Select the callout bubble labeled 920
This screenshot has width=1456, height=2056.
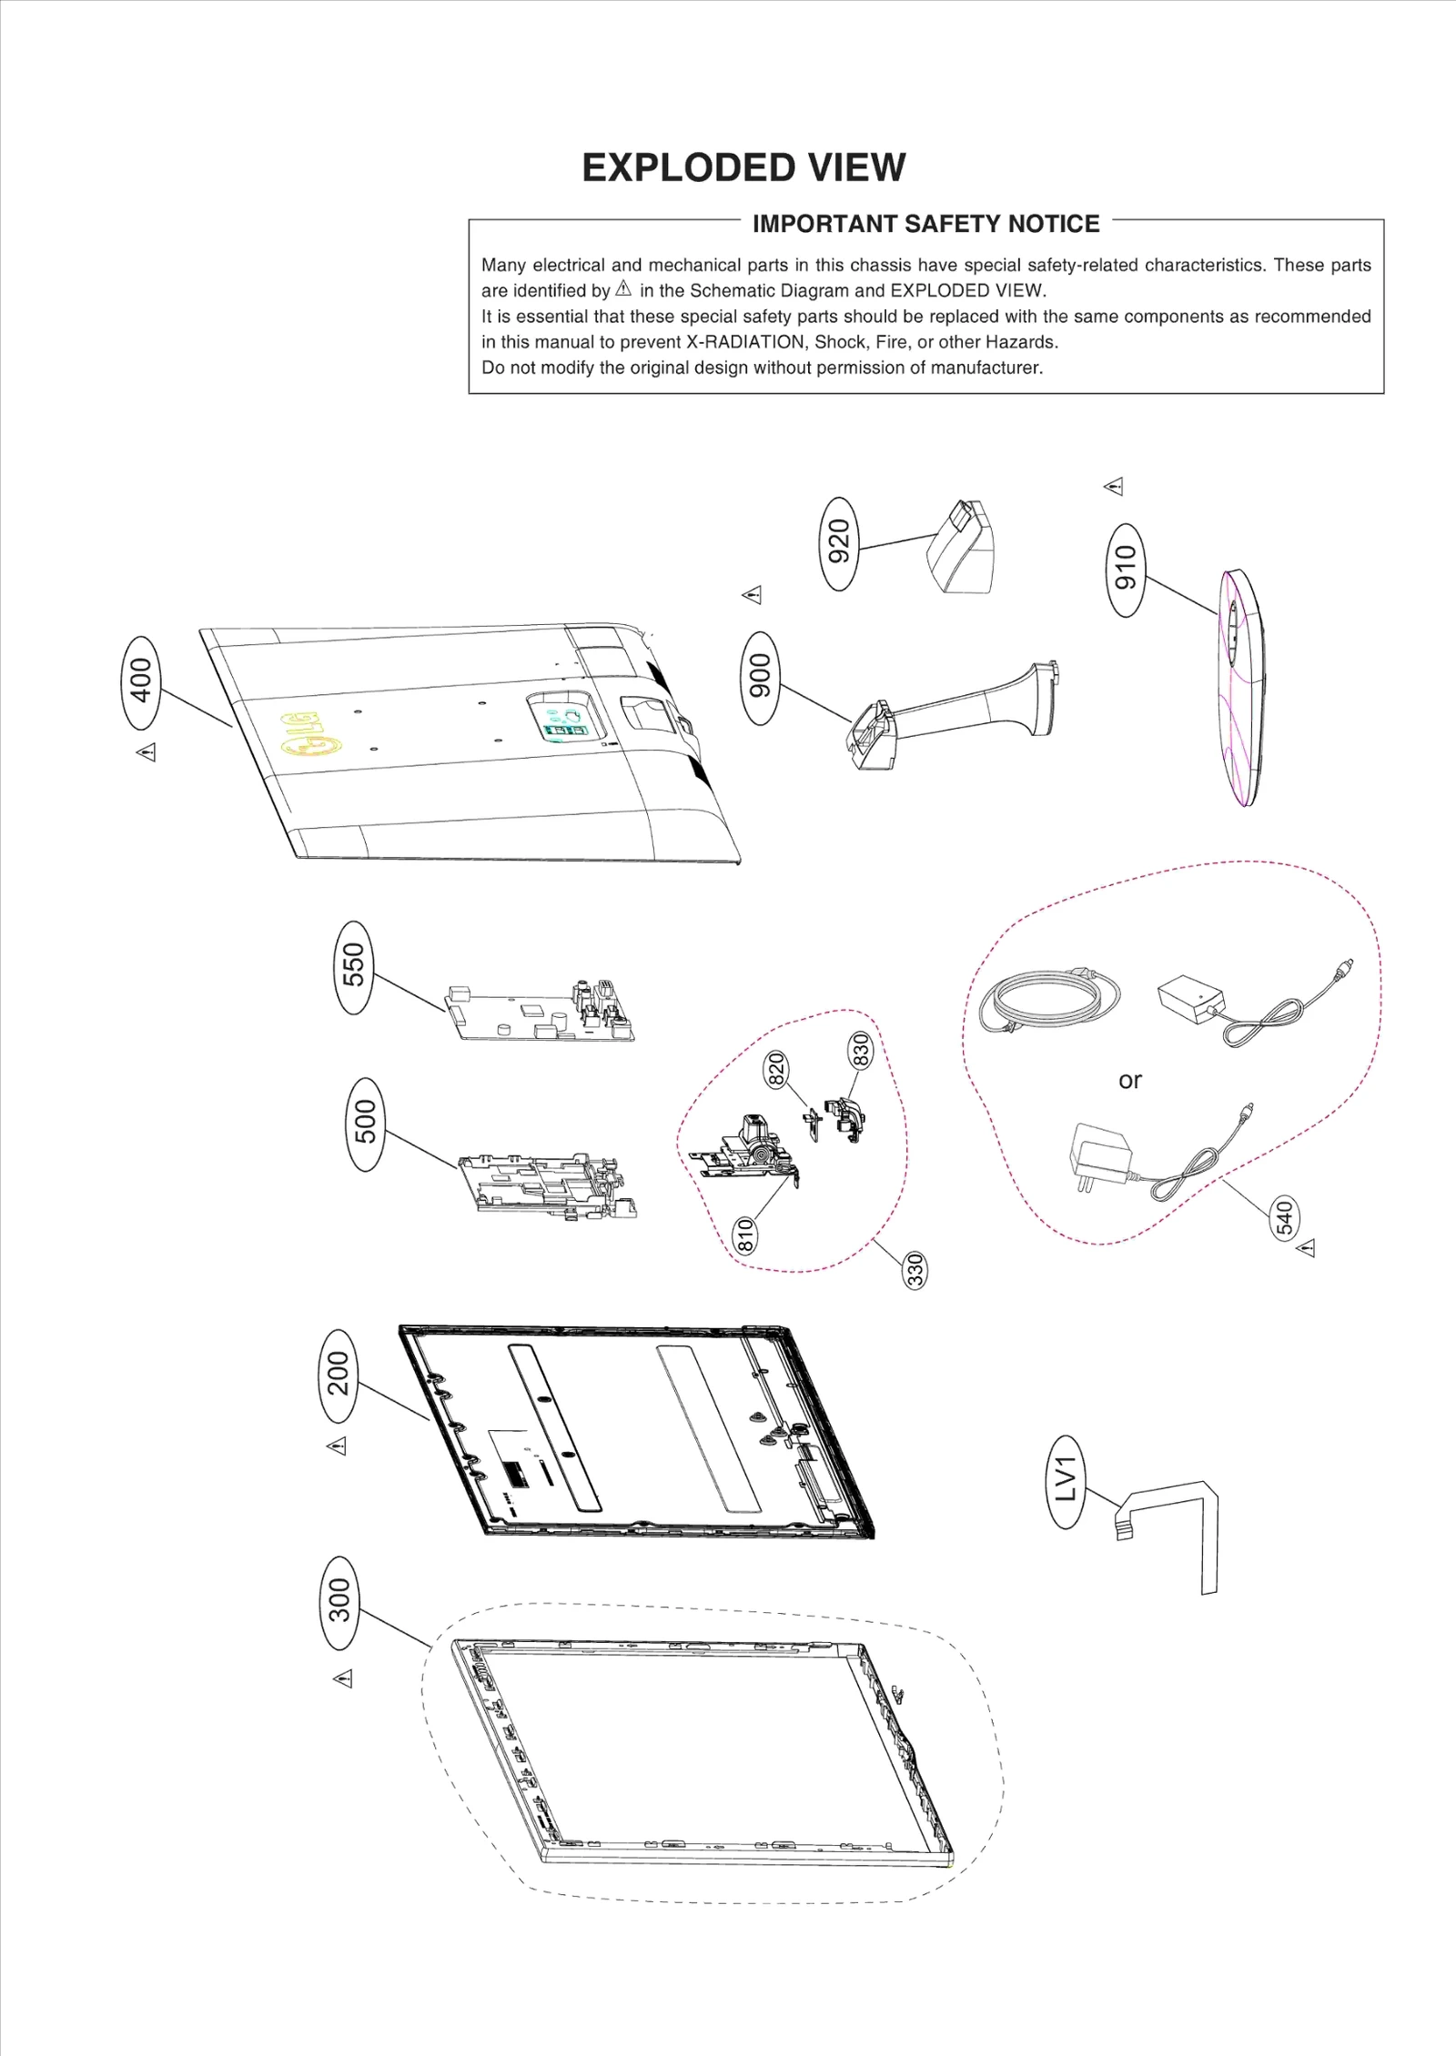(x=838, y=543)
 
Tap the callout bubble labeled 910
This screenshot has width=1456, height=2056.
(x=1126, y=570)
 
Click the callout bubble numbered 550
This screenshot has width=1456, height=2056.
(x=353, y=967)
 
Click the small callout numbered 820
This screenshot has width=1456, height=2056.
(x=775, y=1069)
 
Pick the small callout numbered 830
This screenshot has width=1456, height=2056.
(x=860, y=1051)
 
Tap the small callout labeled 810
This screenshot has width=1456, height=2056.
(x=745, y=1235)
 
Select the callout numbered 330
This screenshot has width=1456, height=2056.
(x=915, y=1269)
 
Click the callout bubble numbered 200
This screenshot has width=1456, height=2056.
(x=338, y=1375)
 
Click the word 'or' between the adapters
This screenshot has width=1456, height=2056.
(x=1129, y=1081)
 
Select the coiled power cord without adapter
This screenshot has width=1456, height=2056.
(x=1048, y=1001)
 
